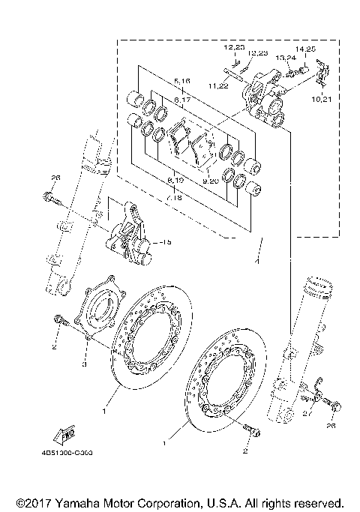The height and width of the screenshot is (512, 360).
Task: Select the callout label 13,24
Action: (285, 57)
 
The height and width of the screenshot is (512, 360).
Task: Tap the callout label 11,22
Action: (218, 86)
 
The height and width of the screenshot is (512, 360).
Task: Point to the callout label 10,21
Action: (322, 99)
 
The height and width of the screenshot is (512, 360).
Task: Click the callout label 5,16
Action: (182, 79)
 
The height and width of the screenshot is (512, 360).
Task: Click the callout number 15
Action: (166, 241)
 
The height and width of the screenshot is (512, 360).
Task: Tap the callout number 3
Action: (84, 364)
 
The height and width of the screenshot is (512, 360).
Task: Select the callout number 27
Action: (306, 413)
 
